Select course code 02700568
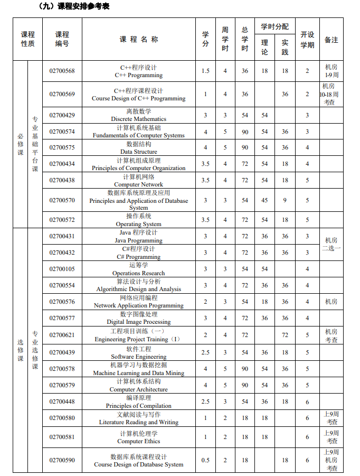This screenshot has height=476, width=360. (x=62, y=71)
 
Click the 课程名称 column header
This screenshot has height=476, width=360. (x=138, y=39)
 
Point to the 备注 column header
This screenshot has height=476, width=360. (x=331, y=40)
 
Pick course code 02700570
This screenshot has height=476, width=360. (x=62, y=200)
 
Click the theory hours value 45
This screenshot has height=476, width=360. (x=264, y=200)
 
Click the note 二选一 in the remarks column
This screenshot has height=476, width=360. (x=331, y=248)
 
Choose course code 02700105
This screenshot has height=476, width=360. (x=62, y=269)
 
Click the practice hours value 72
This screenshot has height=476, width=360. (x=285, y=335)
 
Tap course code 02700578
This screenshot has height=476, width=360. (x=62, y=369)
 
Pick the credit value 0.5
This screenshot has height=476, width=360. (x=205, y=460)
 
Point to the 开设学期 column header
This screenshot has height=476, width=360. (x=307, y=40)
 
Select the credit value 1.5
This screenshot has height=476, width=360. (x=205, y=71)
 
